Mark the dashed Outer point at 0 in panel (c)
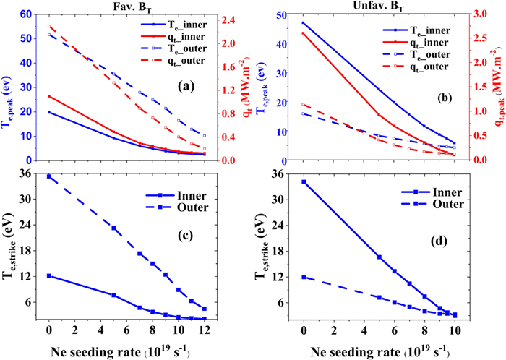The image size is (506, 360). (x=49, y=176)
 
